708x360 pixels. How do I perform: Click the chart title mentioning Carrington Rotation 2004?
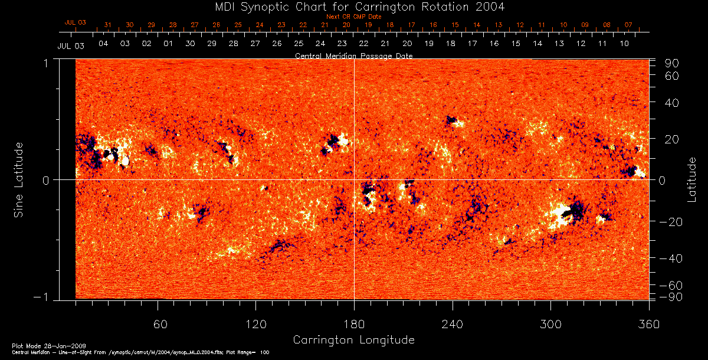point(353,6)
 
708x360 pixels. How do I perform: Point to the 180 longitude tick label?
point(354,324)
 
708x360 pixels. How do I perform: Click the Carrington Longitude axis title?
point(353,340)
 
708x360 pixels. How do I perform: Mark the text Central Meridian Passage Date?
point(353,55)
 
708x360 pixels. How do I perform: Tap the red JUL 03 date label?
point(76,22)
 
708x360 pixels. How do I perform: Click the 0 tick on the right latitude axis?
point(662,181)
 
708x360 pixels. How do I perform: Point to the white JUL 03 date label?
point(70,46)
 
